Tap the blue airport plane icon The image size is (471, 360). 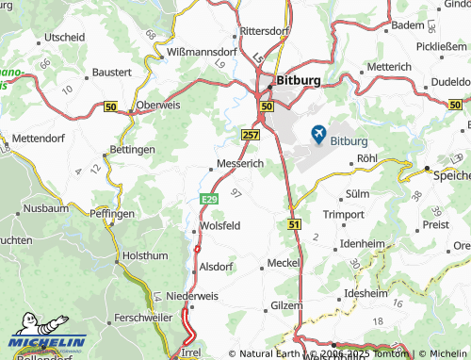click(317, 135)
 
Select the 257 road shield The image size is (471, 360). click(251, 136)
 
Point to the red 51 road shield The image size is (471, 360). click(294, 224)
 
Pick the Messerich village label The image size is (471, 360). click(240, 163)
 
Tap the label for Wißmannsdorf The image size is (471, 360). click(201, 51)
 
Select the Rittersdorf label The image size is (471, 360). click(264, 31)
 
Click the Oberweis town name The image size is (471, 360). click(158, 105)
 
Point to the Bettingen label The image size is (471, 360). click(132, 150)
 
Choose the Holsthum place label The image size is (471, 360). click(145, 254)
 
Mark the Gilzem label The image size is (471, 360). click(286, 305)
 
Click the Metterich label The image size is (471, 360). click(389, 68)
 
